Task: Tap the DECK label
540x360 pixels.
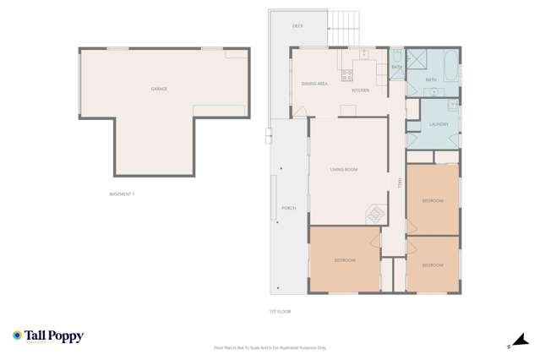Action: (297, 26)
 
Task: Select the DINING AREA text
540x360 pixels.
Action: (314, 84)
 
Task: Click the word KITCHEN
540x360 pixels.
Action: (361, 90)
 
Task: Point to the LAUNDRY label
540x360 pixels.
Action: (438, 125)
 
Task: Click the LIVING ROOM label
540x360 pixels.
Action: (344, 170)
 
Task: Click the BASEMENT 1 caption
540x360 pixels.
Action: (123, 194)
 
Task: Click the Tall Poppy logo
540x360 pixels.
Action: (48, 336)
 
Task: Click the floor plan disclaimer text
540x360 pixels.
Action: (270, 347)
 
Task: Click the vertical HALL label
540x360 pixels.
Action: (400, 182)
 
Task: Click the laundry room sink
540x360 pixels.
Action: (453, 106)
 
